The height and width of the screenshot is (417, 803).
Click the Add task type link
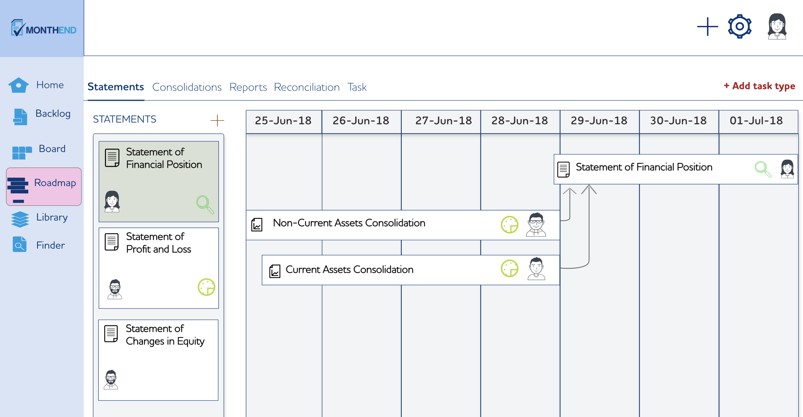[x=759, y=86]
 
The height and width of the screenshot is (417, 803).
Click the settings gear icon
[x=740, y=27]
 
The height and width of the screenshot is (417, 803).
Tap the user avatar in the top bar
[x=777, y=27]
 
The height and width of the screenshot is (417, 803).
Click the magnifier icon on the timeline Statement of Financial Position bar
[x=763, y=169]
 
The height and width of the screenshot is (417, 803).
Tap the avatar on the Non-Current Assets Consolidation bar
[x=536, y=224]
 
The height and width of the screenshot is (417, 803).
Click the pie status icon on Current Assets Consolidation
[x=509, y=268]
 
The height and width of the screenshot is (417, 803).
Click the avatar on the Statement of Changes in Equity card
[x=111, y=380]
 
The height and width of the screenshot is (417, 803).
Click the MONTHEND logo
[x=44, y=28]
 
